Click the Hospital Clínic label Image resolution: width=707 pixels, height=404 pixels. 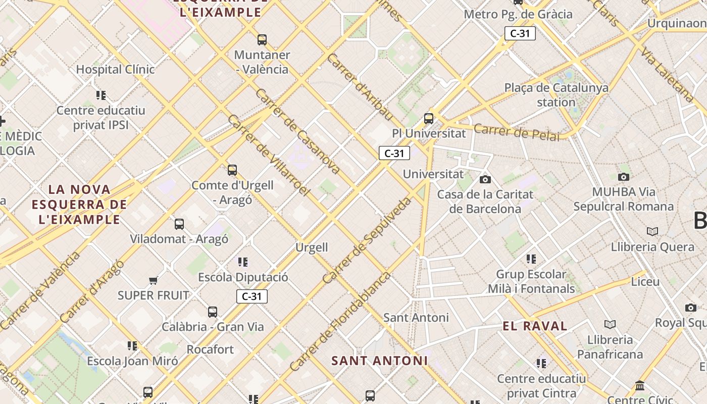115,69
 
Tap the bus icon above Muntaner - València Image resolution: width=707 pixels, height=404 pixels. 262,39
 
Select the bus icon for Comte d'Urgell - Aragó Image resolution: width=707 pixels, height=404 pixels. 232,170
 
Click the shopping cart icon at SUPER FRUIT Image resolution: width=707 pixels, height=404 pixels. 153,280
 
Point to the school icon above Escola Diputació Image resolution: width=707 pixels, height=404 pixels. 243,262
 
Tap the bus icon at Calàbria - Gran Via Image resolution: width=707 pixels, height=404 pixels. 213,312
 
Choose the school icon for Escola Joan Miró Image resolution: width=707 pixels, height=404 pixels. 132,346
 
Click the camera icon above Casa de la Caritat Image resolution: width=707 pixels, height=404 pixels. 485,179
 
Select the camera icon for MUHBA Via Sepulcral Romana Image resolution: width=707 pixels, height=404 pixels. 624,177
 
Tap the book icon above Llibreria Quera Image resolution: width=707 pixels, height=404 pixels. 652,231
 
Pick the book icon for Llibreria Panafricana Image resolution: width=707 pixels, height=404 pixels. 610,324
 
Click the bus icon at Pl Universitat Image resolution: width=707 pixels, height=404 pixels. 429,119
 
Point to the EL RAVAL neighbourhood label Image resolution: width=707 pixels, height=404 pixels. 535,326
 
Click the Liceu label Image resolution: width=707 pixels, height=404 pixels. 645,281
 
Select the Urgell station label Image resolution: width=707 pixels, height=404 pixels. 312,247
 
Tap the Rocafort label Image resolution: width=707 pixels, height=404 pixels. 210,349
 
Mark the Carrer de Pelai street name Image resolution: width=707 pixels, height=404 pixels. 517,132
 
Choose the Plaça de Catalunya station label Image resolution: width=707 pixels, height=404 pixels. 556,94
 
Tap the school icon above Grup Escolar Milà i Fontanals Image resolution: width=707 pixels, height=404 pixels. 531,259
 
